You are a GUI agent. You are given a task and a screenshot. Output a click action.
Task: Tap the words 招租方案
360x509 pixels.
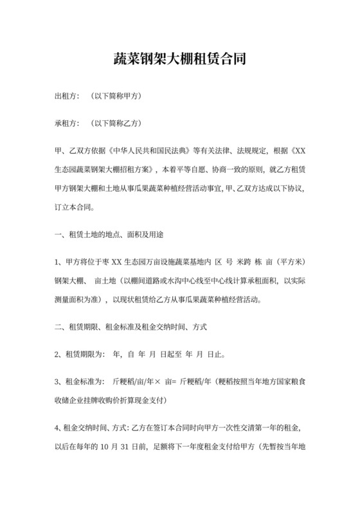(x=132, y=171)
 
